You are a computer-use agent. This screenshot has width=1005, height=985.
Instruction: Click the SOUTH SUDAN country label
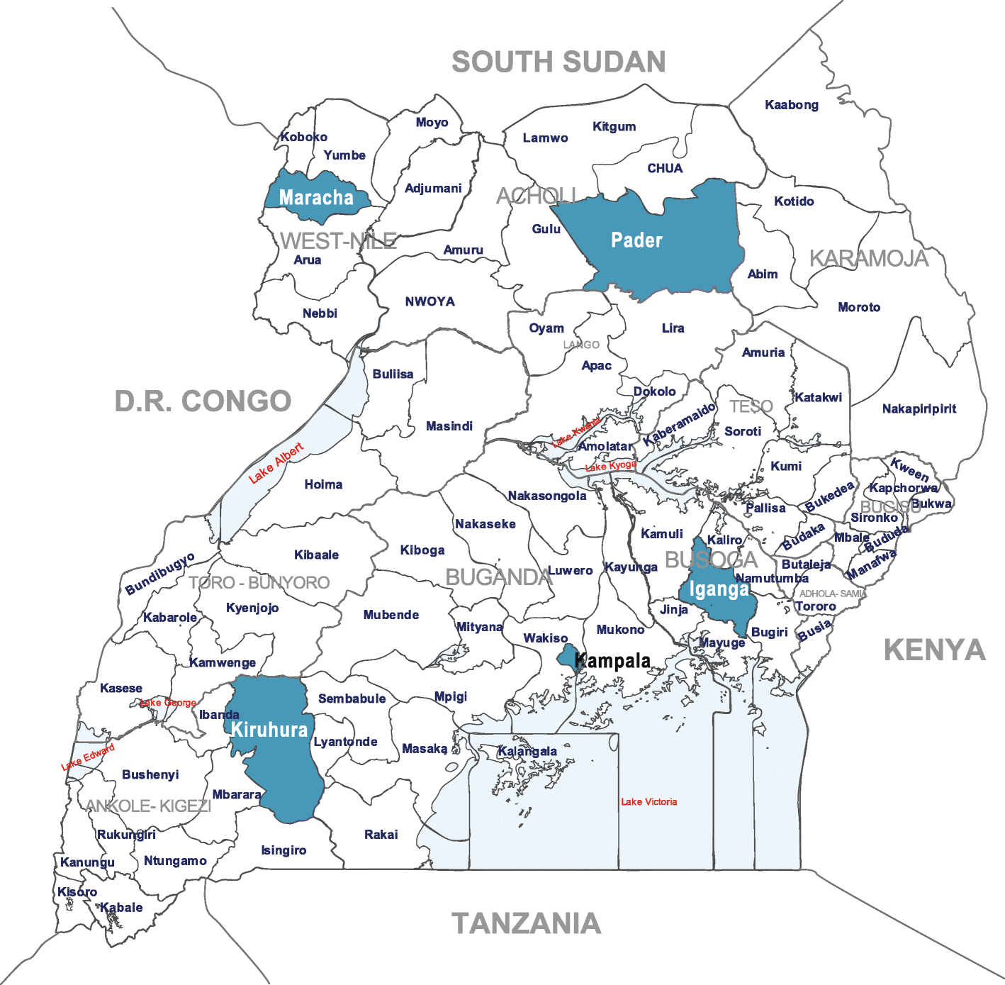coord(558,62)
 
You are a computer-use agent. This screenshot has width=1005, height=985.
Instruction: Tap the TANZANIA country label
coord(526,923)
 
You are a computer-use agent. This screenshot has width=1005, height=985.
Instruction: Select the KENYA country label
coord(934,650)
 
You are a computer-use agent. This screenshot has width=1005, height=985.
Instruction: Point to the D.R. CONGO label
coord(203,401)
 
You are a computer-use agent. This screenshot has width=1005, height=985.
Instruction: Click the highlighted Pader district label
coord(636,240)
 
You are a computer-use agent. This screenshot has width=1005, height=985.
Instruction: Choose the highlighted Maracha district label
coord(316,198)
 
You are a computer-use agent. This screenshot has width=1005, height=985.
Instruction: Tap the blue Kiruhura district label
coord(269,730)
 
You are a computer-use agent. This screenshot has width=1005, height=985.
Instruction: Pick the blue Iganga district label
coord(719,589)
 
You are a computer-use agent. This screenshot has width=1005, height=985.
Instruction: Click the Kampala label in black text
coord(612,661)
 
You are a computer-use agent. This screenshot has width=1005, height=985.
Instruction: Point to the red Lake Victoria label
coord(649,802)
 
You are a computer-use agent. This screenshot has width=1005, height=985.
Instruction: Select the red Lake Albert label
coord(276,464)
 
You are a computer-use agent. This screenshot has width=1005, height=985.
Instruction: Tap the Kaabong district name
coord(792,105)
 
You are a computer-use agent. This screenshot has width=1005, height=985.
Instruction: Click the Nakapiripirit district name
coord(919,408)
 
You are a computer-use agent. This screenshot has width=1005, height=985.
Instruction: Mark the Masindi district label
coord(449,426)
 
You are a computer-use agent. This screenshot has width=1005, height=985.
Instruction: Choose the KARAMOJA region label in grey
coord(868,259)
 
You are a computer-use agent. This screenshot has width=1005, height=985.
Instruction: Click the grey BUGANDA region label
coord(498,578)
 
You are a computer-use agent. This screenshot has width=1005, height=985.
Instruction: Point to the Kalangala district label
coord(527,751)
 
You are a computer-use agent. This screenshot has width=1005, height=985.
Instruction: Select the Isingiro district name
coord(283,850)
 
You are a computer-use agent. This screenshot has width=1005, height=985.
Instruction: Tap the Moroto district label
coord(859,307)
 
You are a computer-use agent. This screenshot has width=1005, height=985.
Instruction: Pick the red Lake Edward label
coord(88,757)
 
